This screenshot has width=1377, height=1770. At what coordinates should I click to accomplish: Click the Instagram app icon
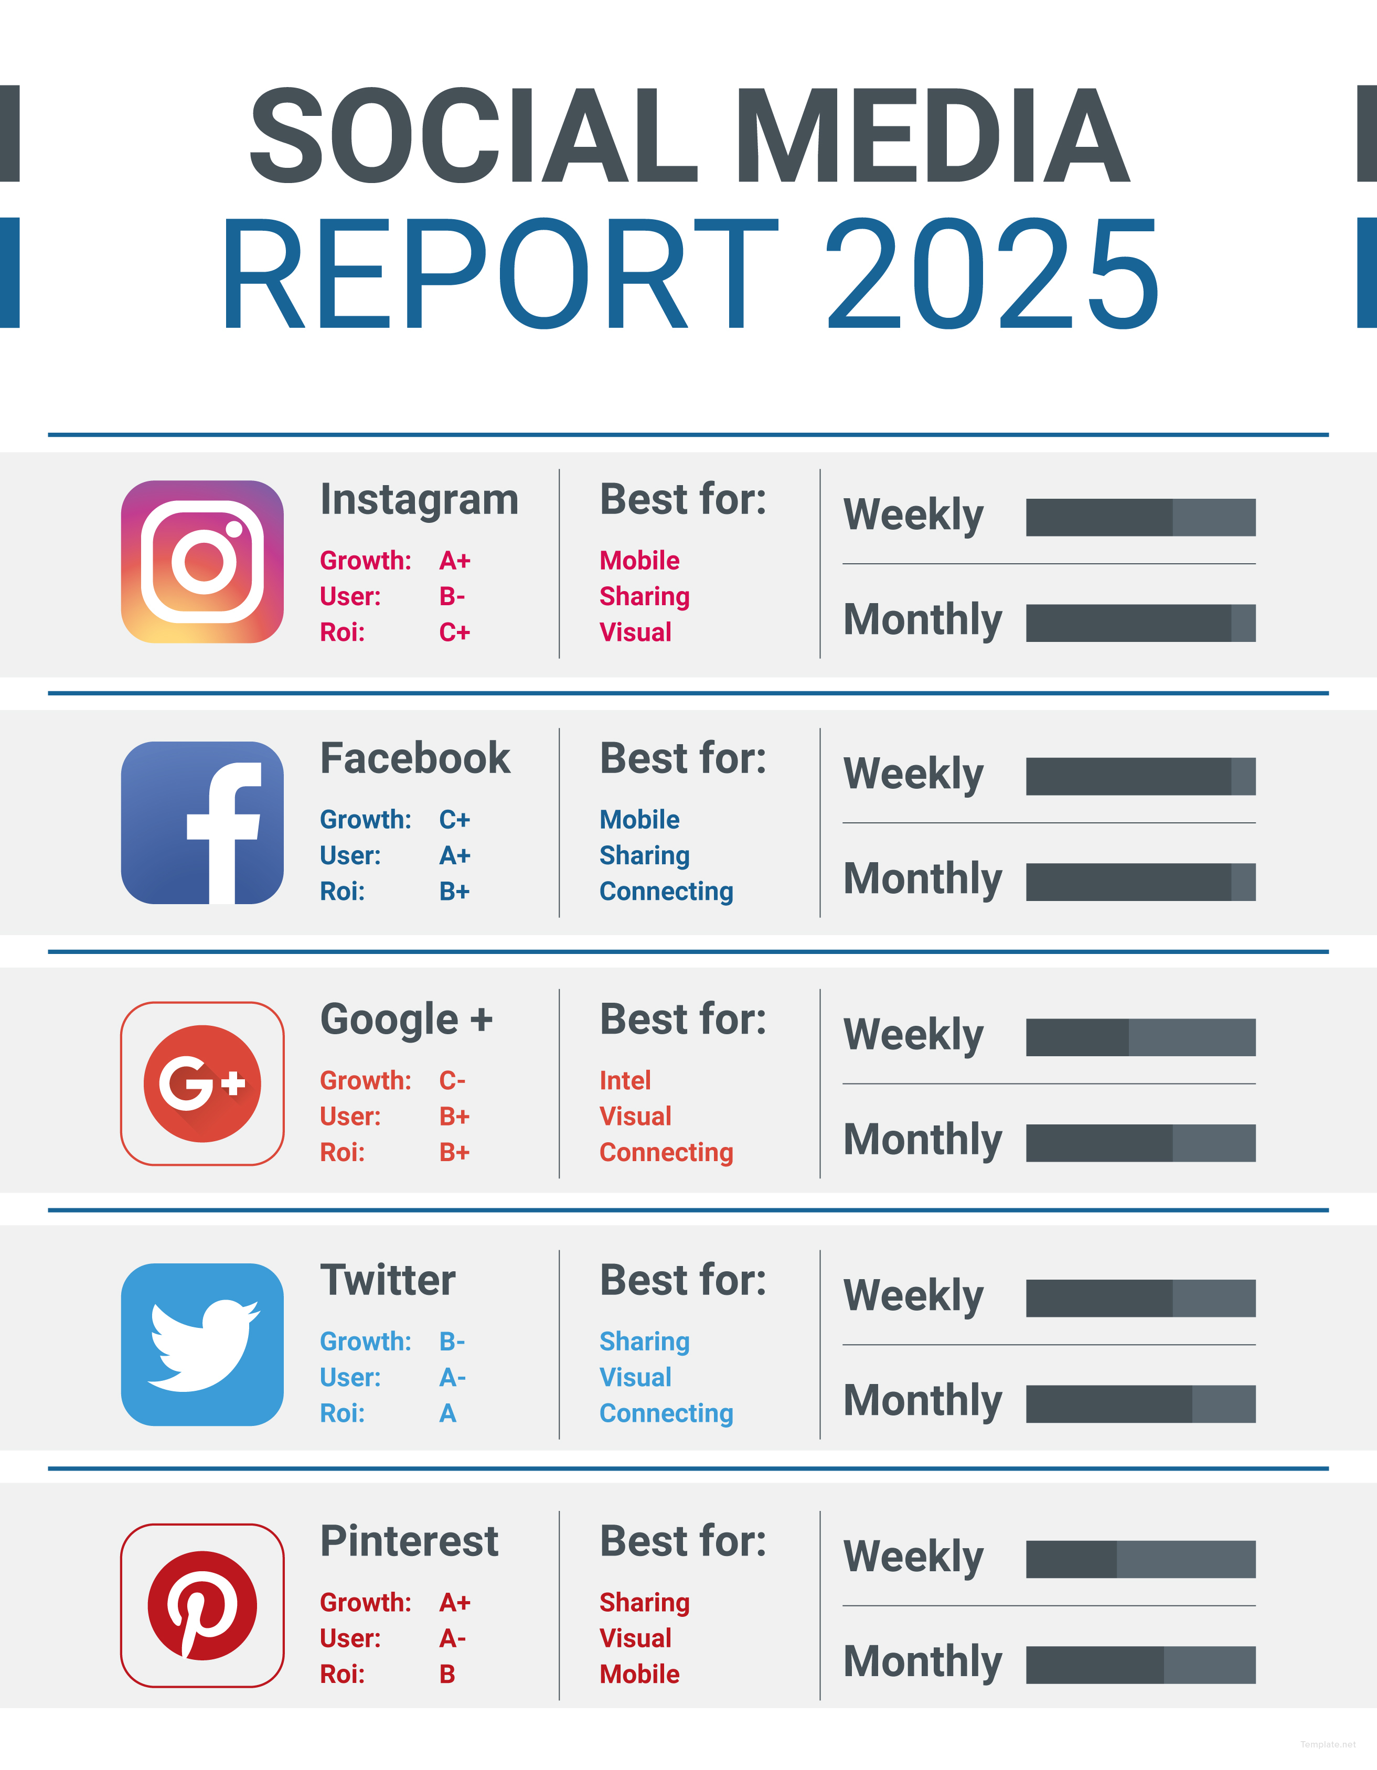202,562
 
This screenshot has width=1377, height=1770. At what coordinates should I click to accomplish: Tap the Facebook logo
202,823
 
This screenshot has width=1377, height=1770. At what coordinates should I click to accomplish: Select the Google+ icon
202,1084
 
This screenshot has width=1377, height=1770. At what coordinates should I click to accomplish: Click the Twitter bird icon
202,1345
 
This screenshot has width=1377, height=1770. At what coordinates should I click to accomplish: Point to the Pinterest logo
202,1605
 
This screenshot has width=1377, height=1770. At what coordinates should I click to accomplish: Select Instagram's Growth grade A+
455,561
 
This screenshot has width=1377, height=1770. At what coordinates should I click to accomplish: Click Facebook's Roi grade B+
455,892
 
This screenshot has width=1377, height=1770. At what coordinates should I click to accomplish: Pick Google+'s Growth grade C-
452,1080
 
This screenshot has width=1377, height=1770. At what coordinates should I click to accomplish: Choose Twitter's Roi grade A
447,1413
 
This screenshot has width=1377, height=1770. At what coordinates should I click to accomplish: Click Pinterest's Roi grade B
447,1675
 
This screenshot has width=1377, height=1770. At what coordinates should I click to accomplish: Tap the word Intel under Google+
625,1080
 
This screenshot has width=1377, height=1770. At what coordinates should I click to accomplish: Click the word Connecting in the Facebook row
666,892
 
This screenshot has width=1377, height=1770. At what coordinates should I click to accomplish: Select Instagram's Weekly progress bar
1140,518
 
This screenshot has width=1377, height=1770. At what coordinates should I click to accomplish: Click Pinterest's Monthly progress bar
1140,1665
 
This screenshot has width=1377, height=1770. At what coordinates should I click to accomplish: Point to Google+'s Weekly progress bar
1140,1037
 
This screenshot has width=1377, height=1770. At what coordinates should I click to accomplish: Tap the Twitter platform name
388,1281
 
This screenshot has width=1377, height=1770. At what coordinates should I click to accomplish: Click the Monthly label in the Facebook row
922,879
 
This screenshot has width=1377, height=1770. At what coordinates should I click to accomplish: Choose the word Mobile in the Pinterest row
639,1675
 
